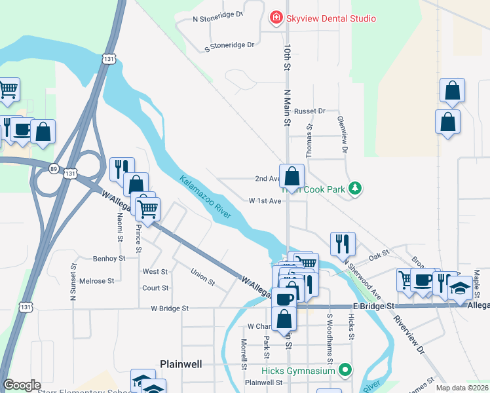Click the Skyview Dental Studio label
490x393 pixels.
[x=331, y=18]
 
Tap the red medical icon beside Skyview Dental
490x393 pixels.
[x=276, y=18]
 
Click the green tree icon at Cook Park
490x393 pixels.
[x=355, y=189]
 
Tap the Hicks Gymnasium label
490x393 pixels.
[x=298, y=371]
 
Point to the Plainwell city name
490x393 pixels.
[x=181, y=364]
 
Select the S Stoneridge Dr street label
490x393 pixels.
[x=229, y=46]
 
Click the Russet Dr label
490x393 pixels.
[x=309, y=111]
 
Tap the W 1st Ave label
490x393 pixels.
[x=265, y=201]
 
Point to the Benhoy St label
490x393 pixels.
[x=109, y=259]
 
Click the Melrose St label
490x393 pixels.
[x=96, y=281]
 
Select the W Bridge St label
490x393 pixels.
[x=170, y=308]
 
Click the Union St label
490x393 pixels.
[x=202, y=277]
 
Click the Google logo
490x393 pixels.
[x=22, y=385]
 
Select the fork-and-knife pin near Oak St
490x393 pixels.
[x=343, y=244]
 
